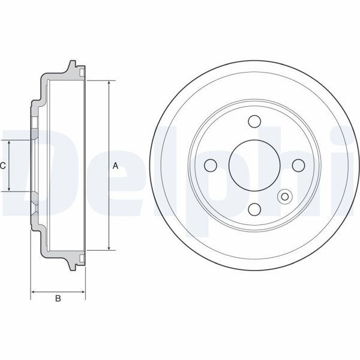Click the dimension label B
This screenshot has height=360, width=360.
click(x=58, y=298)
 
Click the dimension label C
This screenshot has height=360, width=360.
click(x=3, y=165)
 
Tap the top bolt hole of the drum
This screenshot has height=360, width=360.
click(x=254, y=121)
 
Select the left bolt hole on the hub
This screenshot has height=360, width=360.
click(x=210, y=165)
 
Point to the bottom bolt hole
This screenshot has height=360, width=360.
click(x=254, y=209)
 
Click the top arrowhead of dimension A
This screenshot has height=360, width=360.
click(x=109, y=83)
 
